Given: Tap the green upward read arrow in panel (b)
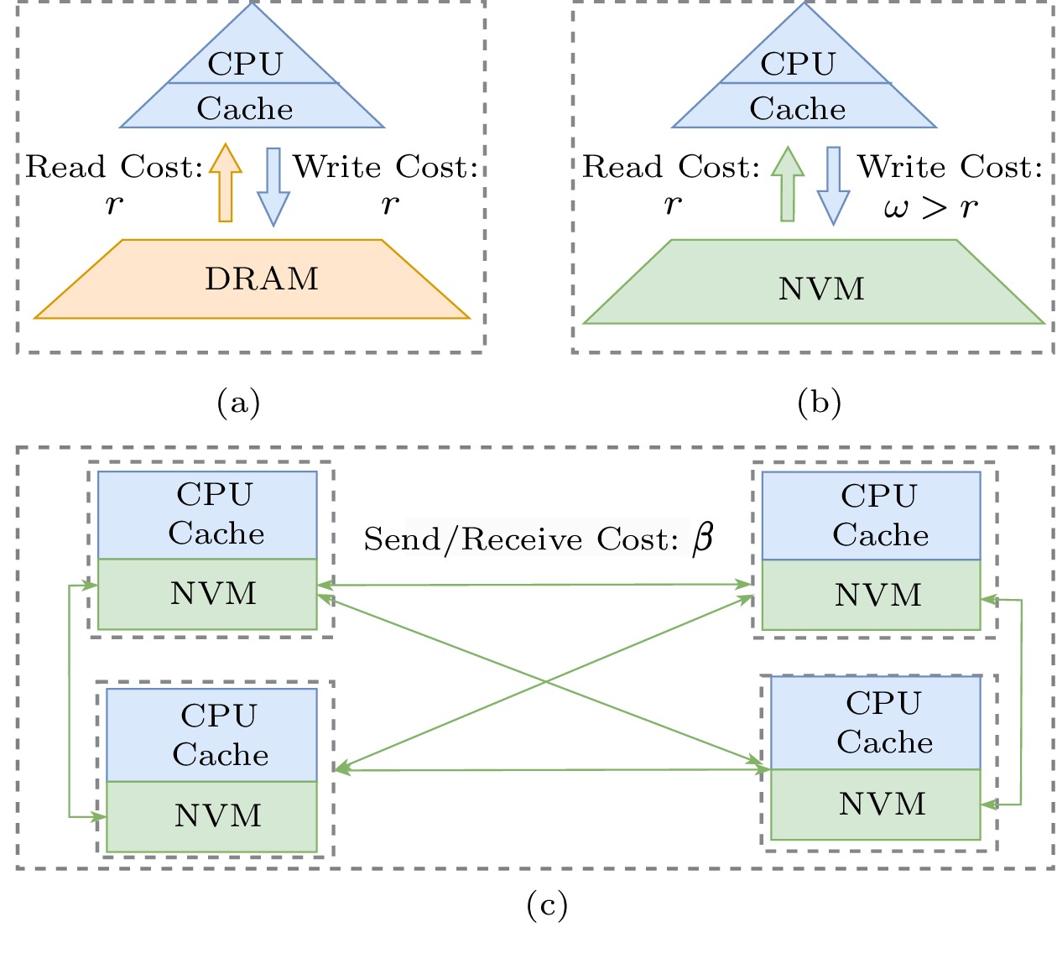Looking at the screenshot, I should tap(787, 185).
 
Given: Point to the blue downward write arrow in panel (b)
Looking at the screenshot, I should tap(833, 185).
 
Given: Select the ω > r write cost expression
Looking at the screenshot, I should tap(930, 207).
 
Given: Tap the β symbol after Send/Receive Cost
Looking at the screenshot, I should tap(703, 538).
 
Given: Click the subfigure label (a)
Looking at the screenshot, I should tap(238, 404).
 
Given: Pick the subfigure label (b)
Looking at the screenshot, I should tap(819, 404).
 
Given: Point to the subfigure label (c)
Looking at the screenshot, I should tap(547, 905).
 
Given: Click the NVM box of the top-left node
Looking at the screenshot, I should tap(207, 594).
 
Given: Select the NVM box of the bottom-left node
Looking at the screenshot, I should tap(212, 816).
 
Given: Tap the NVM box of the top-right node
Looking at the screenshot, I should tap(871, 595).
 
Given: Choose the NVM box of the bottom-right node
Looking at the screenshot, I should tap(875, 805).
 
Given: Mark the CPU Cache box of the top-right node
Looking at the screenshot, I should tap(871, 516).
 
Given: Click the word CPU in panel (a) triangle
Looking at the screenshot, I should tap(245, 65).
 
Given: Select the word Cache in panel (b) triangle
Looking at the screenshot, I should tap(797, 109).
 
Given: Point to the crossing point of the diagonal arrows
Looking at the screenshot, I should tap(545, 682).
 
